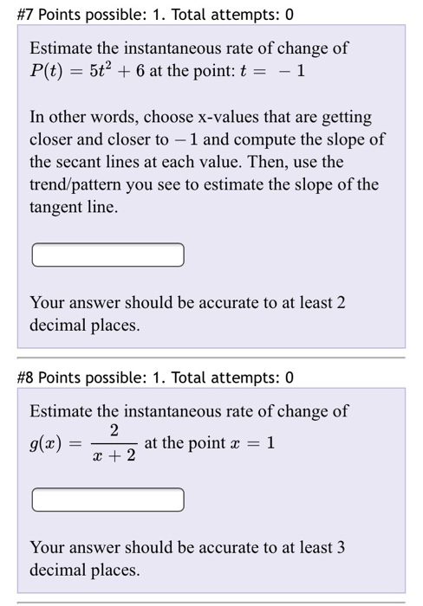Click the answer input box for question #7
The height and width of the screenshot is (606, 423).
[108, 255]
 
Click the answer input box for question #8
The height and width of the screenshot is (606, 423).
[108, 500]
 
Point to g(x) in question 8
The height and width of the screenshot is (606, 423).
[49, 444]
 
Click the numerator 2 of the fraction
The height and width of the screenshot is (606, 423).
[114, 430]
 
